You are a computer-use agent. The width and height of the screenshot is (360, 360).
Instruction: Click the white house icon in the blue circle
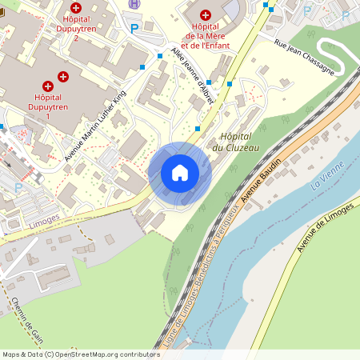tap(180, 172)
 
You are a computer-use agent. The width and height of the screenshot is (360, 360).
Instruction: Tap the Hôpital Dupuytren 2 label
tap(76, 26)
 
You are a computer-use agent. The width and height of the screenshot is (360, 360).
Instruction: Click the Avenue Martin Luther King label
tap(95, 125)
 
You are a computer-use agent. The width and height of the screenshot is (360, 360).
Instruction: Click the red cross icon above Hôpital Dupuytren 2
tap(76, 7)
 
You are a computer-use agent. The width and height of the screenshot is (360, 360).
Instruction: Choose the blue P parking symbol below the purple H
tap(134, 29)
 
